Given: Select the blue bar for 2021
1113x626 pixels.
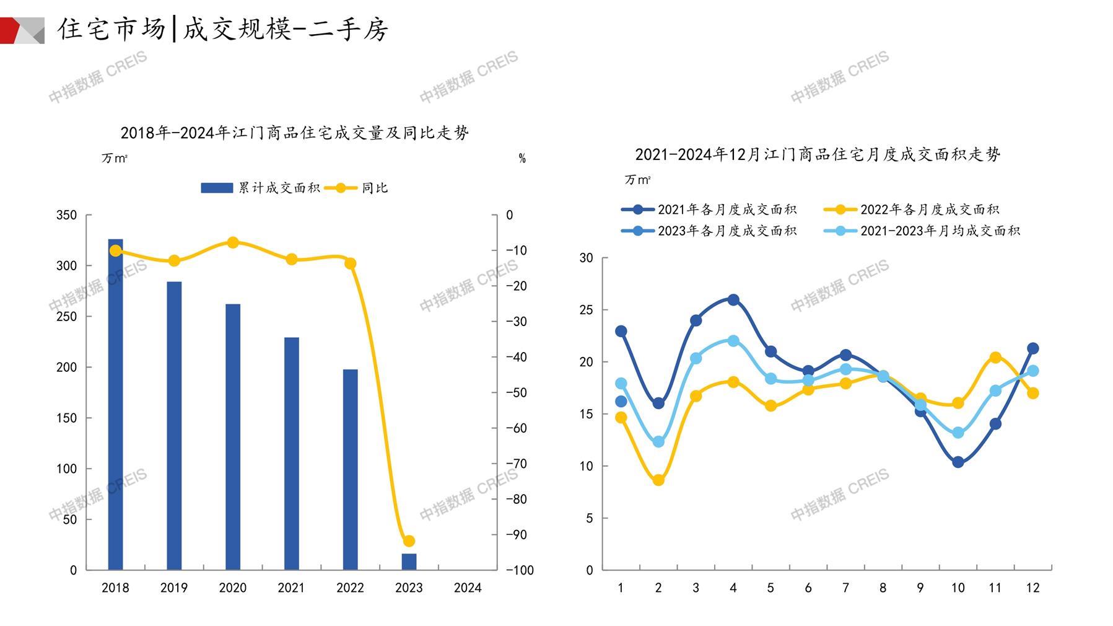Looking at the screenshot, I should point(291,453).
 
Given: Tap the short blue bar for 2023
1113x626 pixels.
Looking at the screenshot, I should point(409,562).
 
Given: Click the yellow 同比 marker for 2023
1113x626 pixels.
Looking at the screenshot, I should point(409,541).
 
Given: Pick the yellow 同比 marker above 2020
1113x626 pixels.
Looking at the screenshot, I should point(233,242).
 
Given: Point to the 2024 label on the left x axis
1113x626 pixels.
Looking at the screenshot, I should point(467,588).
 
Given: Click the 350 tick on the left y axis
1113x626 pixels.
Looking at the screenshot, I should point(66,215).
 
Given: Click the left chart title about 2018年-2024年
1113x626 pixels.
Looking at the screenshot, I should point(294,133).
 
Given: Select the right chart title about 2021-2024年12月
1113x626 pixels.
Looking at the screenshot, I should point(818,154).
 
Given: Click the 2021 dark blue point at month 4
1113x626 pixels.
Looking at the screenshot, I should point(733,300).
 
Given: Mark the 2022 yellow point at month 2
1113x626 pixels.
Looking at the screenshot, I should point(658,480).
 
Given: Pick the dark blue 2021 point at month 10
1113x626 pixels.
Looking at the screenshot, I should point(958,462).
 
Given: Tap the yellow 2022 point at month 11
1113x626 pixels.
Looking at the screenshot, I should point(995,358).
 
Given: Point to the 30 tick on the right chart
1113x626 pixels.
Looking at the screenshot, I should point(586,258).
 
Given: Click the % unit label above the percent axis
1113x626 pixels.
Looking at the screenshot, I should point(522,159).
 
